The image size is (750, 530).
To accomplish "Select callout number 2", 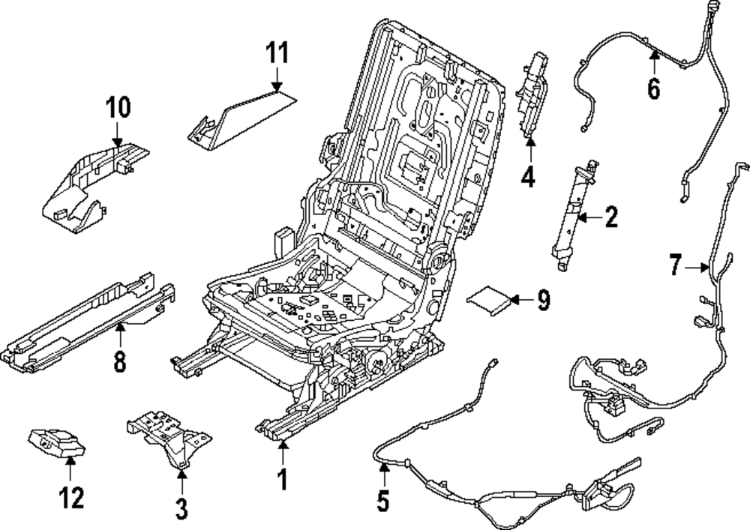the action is point(611,217).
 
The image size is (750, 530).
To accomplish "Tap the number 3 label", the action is point(181,508).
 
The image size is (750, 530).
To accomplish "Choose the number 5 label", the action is point(383,500).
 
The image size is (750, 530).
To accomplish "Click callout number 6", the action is point(654,88).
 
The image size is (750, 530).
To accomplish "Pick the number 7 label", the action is point(675,265).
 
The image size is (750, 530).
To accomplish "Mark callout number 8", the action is point(119,361).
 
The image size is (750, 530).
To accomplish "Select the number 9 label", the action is point(543,300).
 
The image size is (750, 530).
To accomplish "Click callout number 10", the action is point(118,107).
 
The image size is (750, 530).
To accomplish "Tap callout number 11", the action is point(277,52).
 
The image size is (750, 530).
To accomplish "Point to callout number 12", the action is point(71,497).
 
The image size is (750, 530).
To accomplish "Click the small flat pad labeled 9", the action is point(489,300).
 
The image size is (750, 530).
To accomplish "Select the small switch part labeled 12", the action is point(57,442).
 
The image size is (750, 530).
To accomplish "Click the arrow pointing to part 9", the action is point(522,300).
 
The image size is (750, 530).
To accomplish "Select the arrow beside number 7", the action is point(697,268).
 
